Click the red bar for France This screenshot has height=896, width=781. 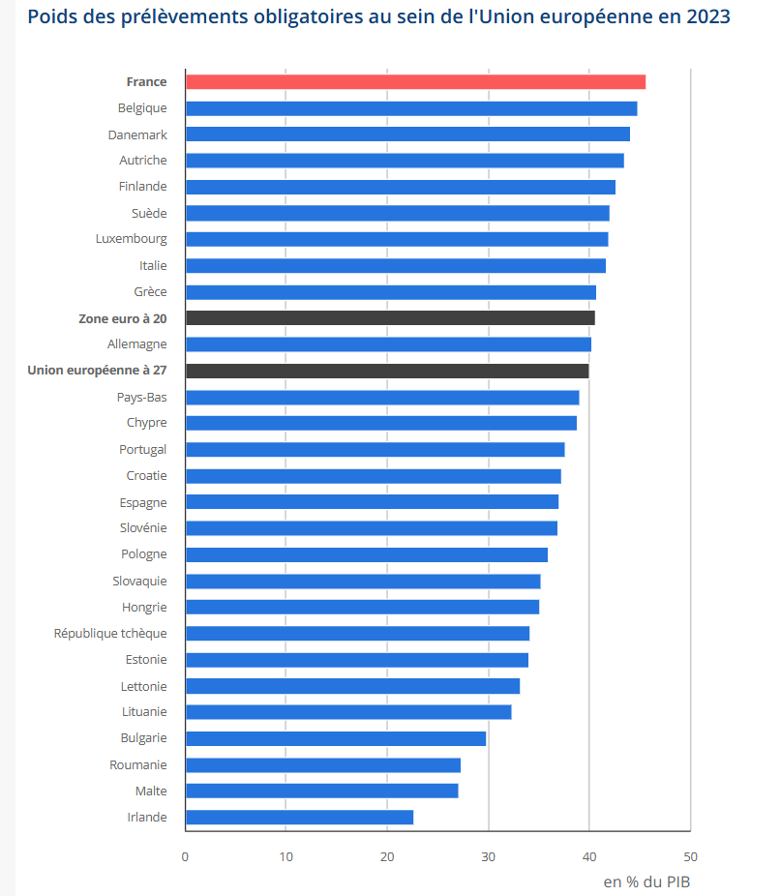pyautogui.click(x=415, y=82)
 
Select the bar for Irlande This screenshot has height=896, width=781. pyautogui.click(x=299, y=818)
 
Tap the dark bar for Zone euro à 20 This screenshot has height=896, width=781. pyautogui.click(x=390, y=318)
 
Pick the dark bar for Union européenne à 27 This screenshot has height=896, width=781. pyautogui.click(x=387, y=371)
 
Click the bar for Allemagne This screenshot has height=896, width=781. pyautogui.click(x=388, y=344)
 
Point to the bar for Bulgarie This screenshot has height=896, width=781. pyautogui.click(x=335, y=738)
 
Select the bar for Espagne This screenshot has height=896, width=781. pyautogui.click(x=372, y=502)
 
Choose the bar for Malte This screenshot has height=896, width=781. pyautogui.click(x=321, y=791)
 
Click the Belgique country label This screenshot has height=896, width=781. pyautogui.click(x=142, y=108)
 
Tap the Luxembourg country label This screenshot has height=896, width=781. pyautogui.click(x=132, y=239)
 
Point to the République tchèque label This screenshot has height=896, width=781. pyautogui.click(x=110, y=634)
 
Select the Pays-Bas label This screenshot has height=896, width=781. pyautogui.click(x=141, y=397)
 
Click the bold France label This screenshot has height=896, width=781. pyautogui.click(x=146, y=82)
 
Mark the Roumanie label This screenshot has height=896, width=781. pyautogui.click(x=138, y=765)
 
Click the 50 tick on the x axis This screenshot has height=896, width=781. pyautogui.click(x=690, y=856)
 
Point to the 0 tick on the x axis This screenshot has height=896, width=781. pyautogui.click(x=185, y=856)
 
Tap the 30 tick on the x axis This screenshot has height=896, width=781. pyautogui.click(x=488, y=856)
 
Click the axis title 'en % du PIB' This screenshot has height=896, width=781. pyautogui.click(x=646, y=881)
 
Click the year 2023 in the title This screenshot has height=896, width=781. pyautogui.click(x=706, y=17)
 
